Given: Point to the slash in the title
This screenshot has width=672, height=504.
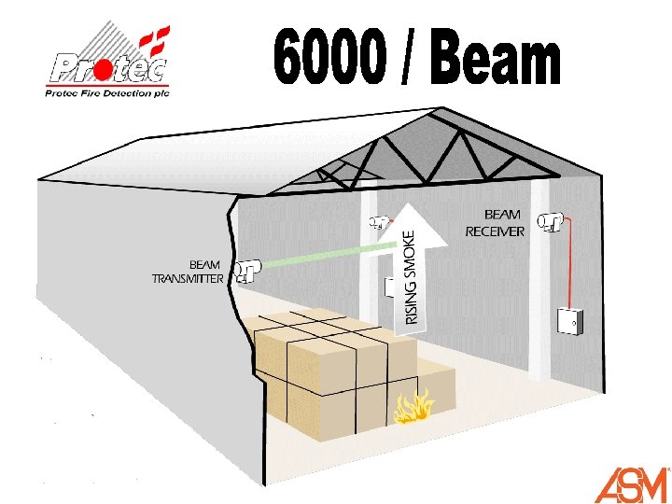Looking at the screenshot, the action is point(410,59).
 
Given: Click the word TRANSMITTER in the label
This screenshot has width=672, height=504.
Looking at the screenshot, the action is point(188,278).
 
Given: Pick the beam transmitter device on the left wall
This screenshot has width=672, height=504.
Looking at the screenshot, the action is point(245,271).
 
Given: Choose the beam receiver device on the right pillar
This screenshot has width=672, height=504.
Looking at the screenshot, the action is point(552,222).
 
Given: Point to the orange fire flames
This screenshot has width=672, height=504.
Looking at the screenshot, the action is point(413,407).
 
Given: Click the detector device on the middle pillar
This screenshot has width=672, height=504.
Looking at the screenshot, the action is point(379,222).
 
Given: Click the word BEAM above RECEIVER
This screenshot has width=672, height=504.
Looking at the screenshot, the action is point(502,215).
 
